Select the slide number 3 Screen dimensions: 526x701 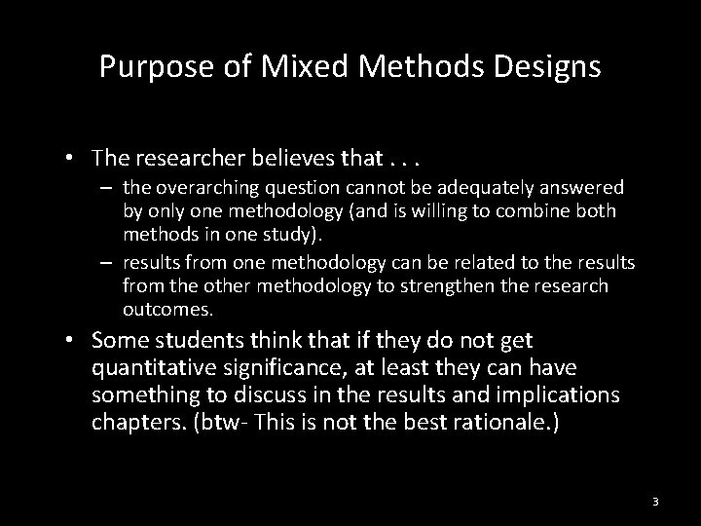tap(655, 502)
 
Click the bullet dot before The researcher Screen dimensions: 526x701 tap(72, 158)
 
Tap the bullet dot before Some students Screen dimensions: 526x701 tap(72, 341)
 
